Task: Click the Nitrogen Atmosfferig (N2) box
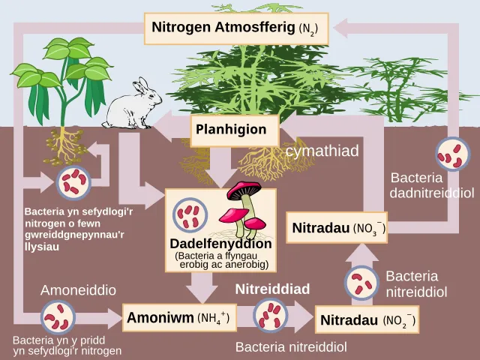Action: [236, 28]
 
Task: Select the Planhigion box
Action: [235, 130]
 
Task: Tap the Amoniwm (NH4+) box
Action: [179, 317]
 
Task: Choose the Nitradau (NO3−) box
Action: [337, 227]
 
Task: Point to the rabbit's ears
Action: [142, 85]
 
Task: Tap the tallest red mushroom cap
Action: [244, 189]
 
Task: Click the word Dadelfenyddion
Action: [220, 244]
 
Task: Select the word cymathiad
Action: [322, 151]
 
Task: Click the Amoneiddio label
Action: [78, 290]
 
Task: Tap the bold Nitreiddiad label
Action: [272, 289]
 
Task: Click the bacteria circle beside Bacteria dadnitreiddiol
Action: [453, 154]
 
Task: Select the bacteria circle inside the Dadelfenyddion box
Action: [190, 215]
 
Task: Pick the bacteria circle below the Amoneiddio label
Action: [58, 317]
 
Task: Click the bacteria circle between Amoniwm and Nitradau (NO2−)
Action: [270, 316]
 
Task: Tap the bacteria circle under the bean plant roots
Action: [73, 183]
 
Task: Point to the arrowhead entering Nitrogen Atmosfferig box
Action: [340, 28]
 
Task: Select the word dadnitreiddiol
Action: [432, 193]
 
